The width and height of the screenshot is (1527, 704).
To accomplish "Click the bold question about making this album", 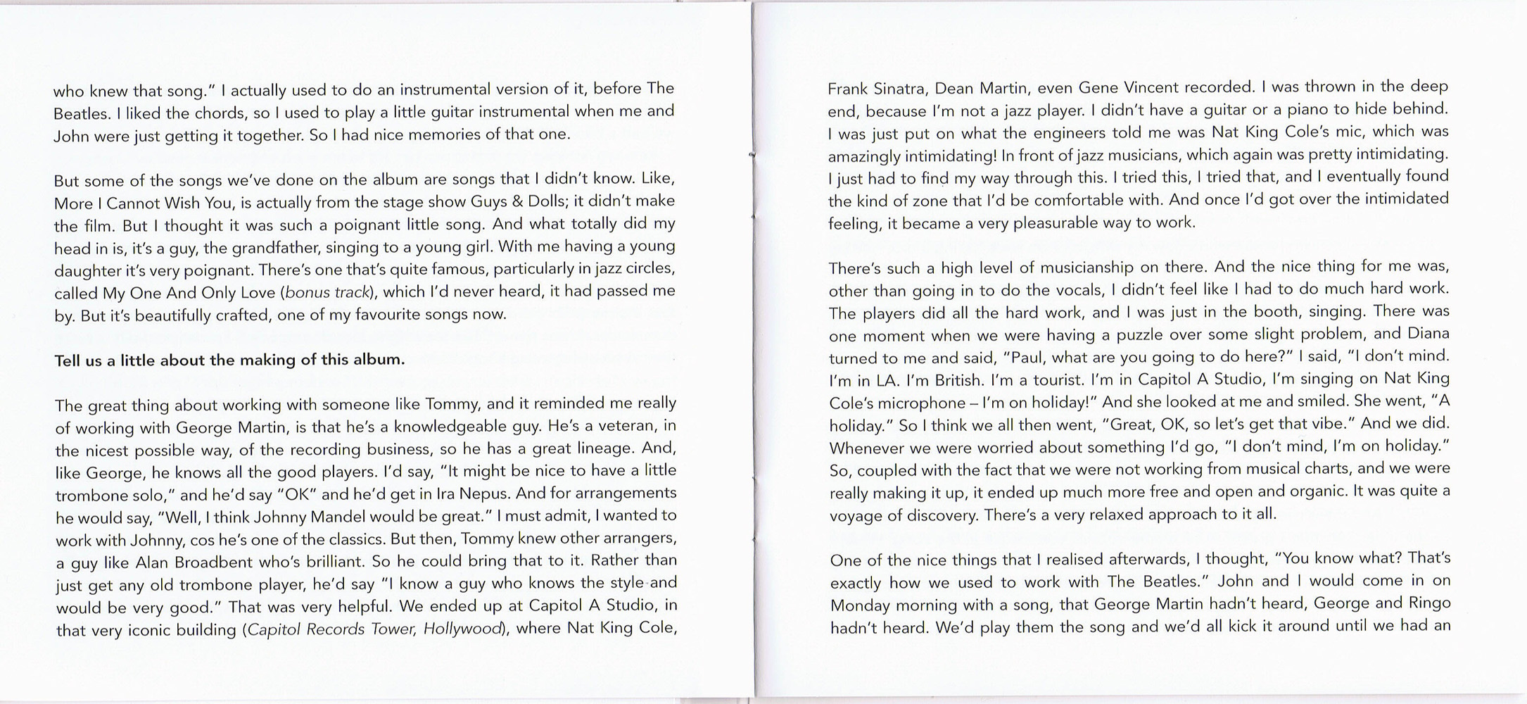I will pos(229,360).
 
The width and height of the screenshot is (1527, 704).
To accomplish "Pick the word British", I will pos(958,380).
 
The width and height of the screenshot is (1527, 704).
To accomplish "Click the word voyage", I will pos(854,516).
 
